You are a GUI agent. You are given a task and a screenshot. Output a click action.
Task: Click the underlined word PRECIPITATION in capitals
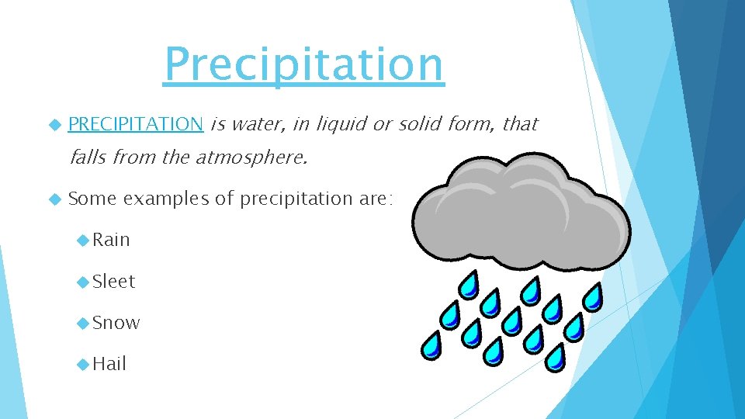coord(136,123)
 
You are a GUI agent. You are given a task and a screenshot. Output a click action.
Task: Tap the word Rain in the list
coord(111,240)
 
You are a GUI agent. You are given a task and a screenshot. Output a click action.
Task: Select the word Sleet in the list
coord(113,282)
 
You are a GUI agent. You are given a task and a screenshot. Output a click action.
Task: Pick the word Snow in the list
coord(116,323)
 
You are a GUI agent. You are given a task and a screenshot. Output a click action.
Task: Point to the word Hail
coord(109,364)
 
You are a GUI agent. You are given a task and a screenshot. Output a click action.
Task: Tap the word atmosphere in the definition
coord(251,159)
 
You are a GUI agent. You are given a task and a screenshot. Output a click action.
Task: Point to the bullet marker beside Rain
coord(83,241)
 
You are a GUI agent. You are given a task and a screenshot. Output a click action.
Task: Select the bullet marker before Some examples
coord(54,199)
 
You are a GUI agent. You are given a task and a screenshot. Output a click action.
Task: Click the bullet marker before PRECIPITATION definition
coord(54,124)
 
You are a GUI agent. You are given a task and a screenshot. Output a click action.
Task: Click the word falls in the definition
coord(88,159)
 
